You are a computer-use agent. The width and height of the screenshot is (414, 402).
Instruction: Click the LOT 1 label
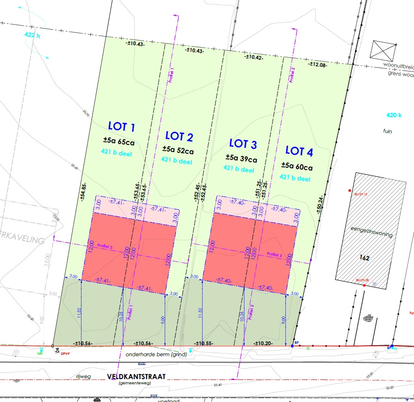122,127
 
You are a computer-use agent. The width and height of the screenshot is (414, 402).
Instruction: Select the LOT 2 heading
179,137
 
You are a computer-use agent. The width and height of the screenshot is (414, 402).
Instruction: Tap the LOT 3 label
243,144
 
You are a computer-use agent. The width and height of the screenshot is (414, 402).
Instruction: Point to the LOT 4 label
299,152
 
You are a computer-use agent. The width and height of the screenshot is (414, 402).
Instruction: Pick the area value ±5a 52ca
178,150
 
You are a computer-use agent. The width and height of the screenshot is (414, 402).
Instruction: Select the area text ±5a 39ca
241,158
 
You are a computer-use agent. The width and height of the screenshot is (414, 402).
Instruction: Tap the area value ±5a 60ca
297,167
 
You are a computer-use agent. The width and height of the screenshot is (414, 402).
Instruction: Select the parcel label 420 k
394,116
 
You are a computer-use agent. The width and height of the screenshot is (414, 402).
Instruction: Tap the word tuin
388,131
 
